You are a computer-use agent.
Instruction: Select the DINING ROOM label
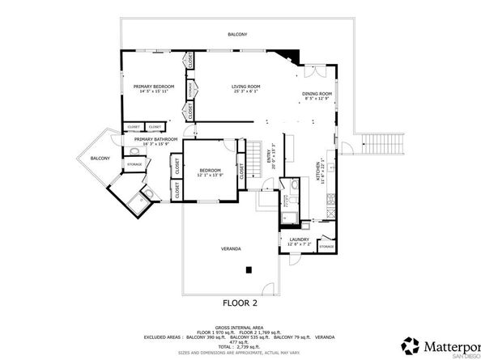pyautogui.click(x=317, y=94)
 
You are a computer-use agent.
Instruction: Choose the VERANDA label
pyautogui.click(x=232, y=248)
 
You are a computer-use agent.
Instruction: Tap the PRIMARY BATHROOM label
pyautogui.click(x=155, y=139)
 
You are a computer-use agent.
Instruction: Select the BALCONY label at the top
pyautogui.click(x=237, y=35)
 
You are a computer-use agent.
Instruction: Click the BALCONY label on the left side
pyautogui.click(x=100, y=158)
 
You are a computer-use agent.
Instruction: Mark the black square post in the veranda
pyautogui.click(x=250, y=269)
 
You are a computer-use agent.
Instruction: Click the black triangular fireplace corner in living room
pyautogui.click(x=292, y=57)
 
